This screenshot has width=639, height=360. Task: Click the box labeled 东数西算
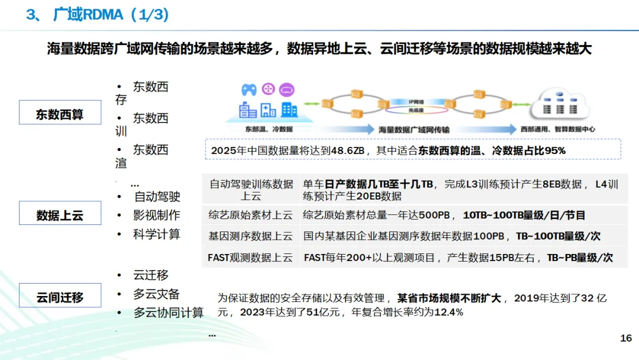click(60, 114)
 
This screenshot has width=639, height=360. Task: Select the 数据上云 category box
click(60, 215)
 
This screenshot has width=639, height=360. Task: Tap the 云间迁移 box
click(60, 297)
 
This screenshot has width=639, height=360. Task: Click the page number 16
click(625, 338)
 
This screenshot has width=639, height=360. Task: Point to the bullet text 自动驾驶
click(157, 197)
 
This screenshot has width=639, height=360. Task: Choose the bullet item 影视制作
click(157, 216)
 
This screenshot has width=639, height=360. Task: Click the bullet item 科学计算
click(157, 234)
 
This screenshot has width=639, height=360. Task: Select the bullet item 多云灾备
click(157, 294)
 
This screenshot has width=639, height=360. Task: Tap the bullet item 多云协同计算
click(169, 313)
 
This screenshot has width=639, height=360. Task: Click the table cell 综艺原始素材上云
click(250, 216)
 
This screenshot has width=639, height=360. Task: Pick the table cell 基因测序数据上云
click(250, 236)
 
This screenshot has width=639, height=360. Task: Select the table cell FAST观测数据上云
click(250, 258)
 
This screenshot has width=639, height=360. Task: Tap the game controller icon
click(248, 89)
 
